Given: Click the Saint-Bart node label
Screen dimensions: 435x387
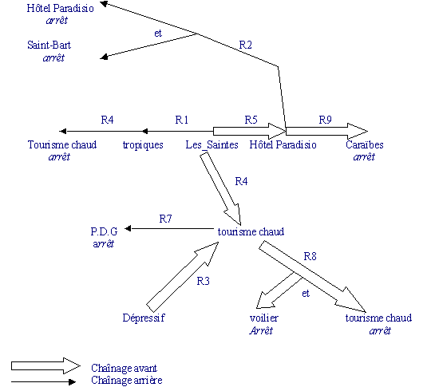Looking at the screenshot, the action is pyautogui.click(x=49, y=45).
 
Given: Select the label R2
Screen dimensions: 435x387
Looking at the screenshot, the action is pyautogui.click(x=246, y=45).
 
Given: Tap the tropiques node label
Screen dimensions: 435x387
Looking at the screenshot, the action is pyautogui.click(x=143, y=145).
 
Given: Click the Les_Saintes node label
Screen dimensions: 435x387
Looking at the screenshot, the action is pyautogui.click(x=212, y=145).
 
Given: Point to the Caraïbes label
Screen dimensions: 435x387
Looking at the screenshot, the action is pyautogui.click(x=365, y=144).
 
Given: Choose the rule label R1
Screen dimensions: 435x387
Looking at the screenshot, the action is pyautogui.click(x=182, y=120).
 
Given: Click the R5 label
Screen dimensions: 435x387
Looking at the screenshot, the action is pyautogui.click(x=251, y=120).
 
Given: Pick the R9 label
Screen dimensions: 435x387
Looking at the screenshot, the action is pyautogui.click(x=325, y=120).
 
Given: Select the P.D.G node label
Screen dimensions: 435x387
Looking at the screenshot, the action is pyautogui.click(x=104, y=231).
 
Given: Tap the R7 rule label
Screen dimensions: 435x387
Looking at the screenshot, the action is pyautogui.click(x=166, y=219).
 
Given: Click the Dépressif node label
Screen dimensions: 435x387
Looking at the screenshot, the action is pyautogui.click(x=144, y=318).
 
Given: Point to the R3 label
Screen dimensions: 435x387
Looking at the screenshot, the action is pyautogui.click(x=203, y=282).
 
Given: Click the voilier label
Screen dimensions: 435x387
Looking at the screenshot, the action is pyautogui.click(x=264, y=318).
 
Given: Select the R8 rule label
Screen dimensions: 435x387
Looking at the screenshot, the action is pyautogui.click(x=310, y=256).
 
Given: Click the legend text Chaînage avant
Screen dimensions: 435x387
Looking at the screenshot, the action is pyautogui.click(x=124, y=368).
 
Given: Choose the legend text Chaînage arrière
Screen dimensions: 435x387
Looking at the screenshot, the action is pyautogui.click(x=127, y=380).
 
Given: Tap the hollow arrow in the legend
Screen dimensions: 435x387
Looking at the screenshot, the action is pyautogui.click(x=45, y=366).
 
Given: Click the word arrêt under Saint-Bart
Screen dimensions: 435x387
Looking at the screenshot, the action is pyautogui.click(x=53, y=57).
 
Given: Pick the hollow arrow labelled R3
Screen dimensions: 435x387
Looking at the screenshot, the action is pyautogui.click(x=182, y=277).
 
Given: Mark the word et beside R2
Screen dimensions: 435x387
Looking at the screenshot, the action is pyautogui.click(x=158, y=34).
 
